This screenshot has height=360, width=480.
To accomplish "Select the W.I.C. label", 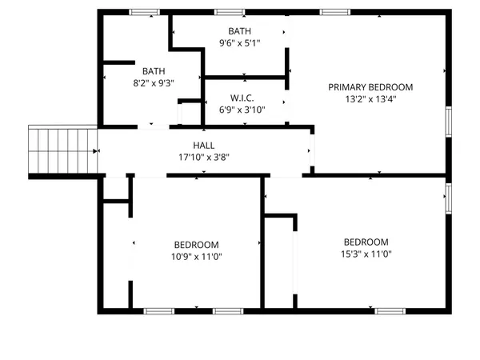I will click(242, 98).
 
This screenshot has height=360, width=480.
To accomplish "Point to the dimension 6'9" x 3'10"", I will click(242, 110).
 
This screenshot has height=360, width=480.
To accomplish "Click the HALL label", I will click(203, 146).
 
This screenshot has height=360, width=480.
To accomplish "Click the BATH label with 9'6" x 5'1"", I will click(239, 31).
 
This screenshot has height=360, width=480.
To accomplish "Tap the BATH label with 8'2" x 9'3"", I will click(154, 70).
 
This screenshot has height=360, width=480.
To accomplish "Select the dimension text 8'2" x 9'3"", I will click(154, 82).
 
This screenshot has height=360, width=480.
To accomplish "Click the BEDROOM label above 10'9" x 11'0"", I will click(197, 245).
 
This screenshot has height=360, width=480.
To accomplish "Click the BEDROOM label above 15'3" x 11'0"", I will click(366, 242).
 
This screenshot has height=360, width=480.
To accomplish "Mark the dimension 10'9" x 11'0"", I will click(197, 257).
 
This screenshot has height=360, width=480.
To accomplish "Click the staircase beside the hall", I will click(62, 150).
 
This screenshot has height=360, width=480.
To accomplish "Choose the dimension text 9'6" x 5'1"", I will click(239, 43).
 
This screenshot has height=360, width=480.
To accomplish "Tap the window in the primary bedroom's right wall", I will click(449, 122).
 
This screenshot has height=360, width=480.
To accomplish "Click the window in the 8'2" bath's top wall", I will click(144, 12).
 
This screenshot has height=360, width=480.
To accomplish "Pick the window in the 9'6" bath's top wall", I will click(230, 12).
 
